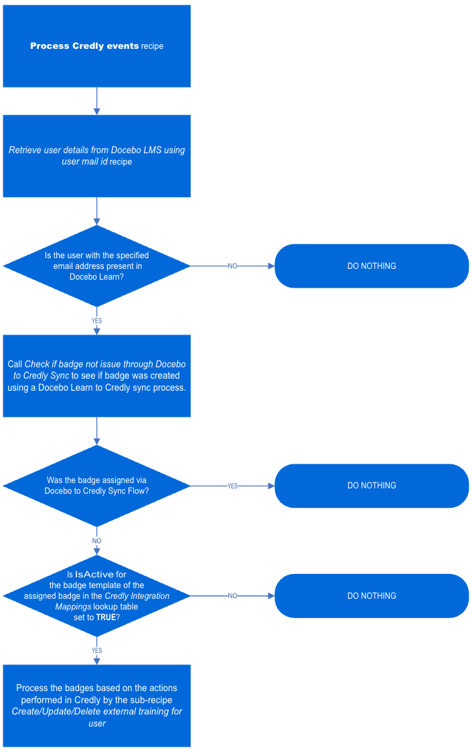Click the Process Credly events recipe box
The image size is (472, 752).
point(96,46)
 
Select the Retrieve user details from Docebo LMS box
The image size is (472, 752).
point(96,156)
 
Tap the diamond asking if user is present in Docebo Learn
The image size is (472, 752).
point(96,266)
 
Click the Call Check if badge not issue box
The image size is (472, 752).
point(96,376)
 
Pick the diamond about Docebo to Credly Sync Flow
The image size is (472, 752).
point(96,485)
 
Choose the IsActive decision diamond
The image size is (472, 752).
point(96,595)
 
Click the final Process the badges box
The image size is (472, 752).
point(96,705)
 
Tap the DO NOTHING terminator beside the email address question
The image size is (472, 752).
point(372,266)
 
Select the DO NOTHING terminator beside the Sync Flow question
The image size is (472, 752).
point(372,486)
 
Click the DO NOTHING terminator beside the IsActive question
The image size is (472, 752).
point(372,595)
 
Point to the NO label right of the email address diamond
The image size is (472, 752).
point(232,266)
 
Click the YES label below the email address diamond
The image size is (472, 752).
point(96,321)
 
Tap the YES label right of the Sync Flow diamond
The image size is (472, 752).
point(232,486)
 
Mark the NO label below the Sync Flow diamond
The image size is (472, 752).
point(96,541)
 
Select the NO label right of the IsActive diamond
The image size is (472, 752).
point(232,595)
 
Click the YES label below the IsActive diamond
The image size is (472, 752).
point(96,650)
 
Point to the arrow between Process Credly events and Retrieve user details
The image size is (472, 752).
point(96,101)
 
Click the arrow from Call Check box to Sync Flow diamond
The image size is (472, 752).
point(96,431)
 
